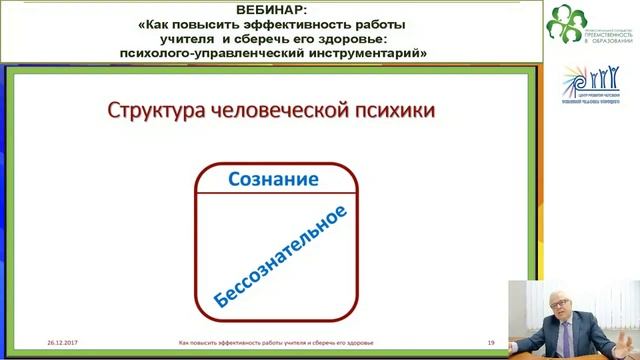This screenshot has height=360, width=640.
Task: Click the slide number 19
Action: [491, 341]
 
